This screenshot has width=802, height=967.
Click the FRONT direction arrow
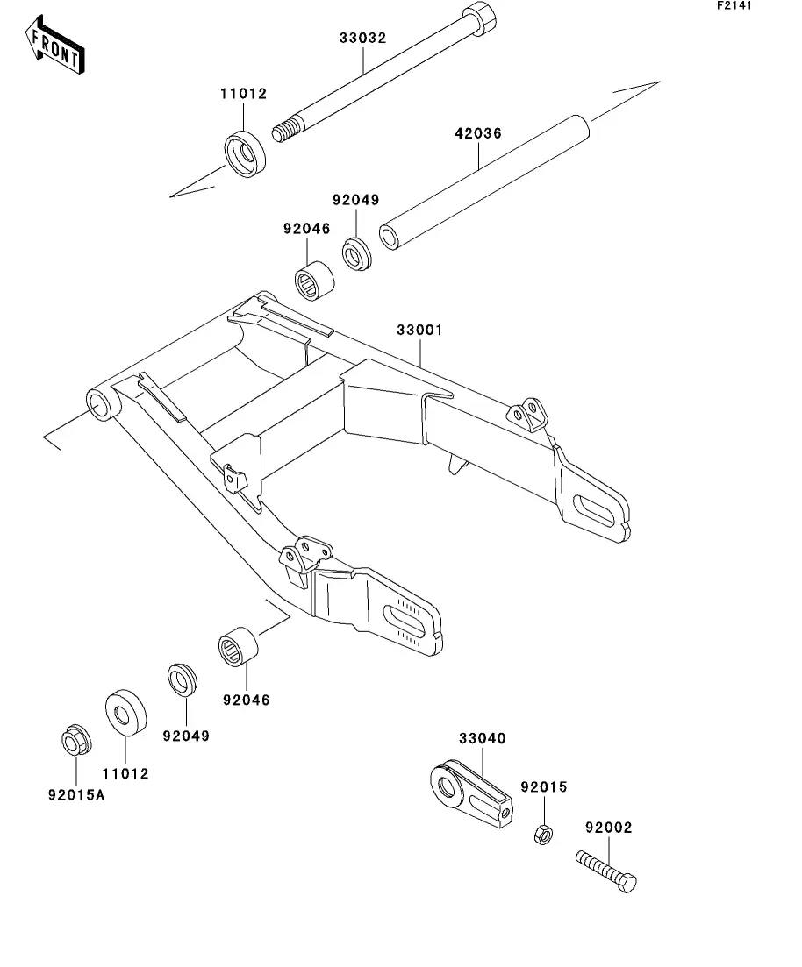tap(54, 46)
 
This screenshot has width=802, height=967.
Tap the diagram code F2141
tap(734, 5)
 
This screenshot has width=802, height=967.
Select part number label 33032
tap(363, 38)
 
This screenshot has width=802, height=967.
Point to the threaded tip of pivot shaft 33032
tap(283, 132)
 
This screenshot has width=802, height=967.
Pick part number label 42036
tap(478, 133)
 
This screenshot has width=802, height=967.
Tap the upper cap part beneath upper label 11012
tap(245, 154)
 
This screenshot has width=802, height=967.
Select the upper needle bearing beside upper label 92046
tap(314, 281)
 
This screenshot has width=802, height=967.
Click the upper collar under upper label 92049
tap(357, 252)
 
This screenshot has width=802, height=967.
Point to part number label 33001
tap(419, 330)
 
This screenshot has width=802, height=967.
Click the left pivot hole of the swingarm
tap(99, 408)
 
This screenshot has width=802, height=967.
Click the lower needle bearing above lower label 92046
tap(239, 646)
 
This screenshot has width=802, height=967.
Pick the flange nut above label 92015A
tap(77, 740)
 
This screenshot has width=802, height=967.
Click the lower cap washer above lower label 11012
tap(126, 715)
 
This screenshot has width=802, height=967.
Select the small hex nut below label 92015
tap(542, 834)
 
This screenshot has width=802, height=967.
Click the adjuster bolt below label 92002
tap(606, 871)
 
